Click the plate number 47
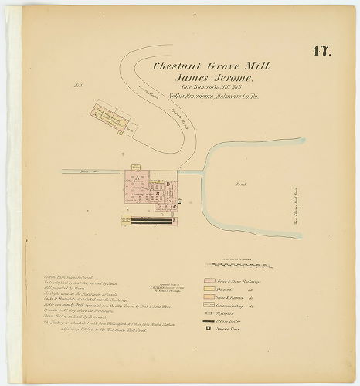[x=321, y=52]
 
